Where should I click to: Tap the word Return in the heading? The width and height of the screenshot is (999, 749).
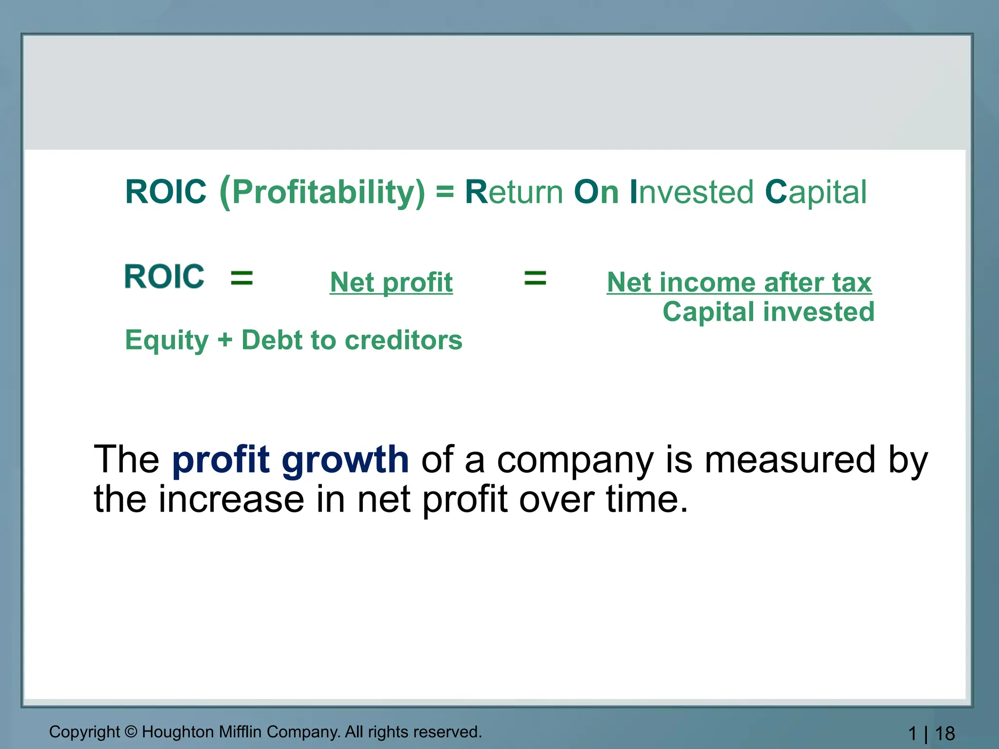(514, 192)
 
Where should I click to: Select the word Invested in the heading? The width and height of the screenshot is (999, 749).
(691, 192)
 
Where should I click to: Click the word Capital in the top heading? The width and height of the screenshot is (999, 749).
(816, 192)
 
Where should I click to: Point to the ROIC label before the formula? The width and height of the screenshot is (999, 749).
(164, 276)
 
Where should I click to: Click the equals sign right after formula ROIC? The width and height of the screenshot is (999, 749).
(242, 278)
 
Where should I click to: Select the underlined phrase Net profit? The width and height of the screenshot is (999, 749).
(391, 282)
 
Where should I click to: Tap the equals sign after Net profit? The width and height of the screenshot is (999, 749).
(535, 278)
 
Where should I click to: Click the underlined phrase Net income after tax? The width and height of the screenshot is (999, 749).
(739, 282)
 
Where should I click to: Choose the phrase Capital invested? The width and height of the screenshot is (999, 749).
(768, 312)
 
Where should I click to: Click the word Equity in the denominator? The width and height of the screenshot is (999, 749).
(167, 340)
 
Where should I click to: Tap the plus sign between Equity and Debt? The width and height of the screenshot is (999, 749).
(225, 340)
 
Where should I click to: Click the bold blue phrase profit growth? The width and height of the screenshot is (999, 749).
(290, 459)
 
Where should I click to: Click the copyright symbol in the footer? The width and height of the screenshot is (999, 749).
(131, 732)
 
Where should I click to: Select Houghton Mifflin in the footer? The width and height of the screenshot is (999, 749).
(202, 732)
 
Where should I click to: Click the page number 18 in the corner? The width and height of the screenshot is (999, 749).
(945, 733)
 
